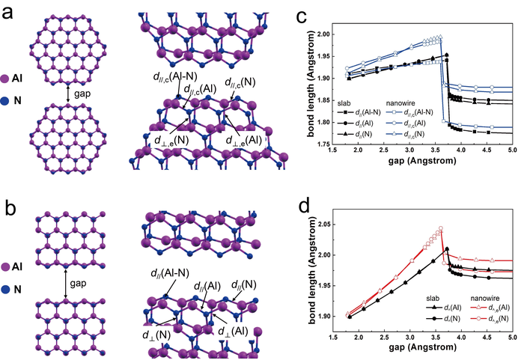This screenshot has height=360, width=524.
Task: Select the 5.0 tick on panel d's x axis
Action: (x=512, y=340)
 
